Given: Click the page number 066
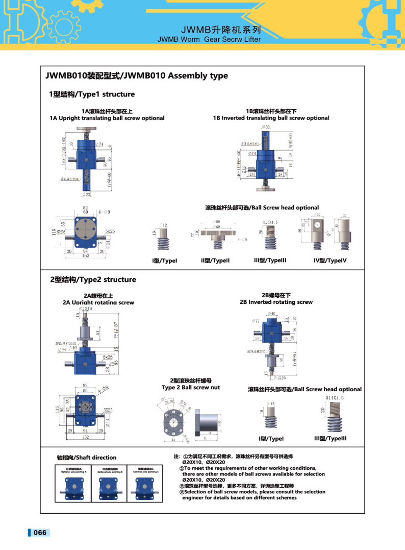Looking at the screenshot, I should tap(40, 533).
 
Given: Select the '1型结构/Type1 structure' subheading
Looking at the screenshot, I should tap(92, 94).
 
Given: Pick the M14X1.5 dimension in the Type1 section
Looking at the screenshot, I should tap(270, 222).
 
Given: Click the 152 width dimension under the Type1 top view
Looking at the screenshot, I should tap(85, 256).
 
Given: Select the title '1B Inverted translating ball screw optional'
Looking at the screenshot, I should tap(271, 118).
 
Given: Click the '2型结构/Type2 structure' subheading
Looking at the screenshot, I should tap(93, 279).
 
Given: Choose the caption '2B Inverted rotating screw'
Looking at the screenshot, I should tap(276, 302).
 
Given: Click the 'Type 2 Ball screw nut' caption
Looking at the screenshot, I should tap(191, 388).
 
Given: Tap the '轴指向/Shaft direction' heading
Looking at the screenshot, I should tap(86, 458).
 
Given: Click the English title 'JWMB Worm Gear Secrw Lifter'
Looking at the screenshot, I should tap(209, 39).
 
